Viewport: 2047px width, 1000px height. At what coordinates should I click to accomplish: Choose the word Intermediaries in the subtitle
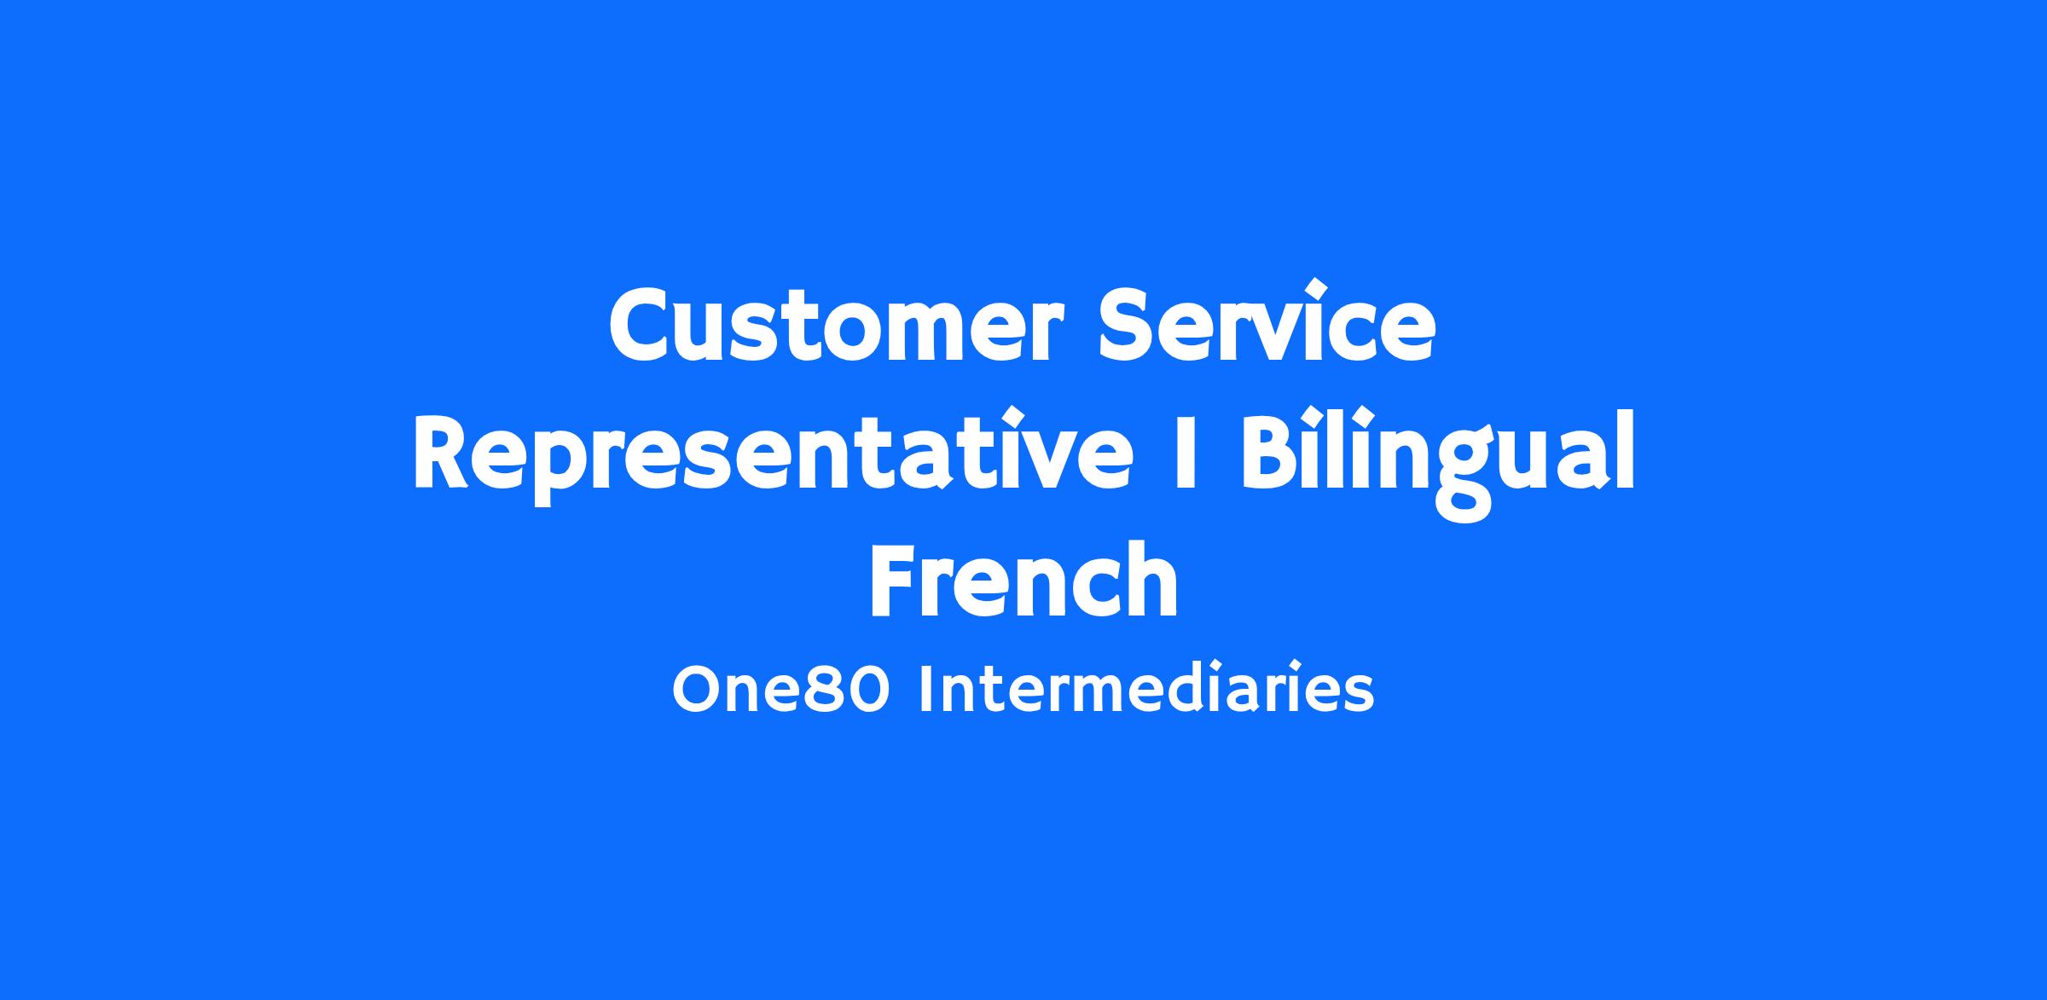pos(1146,688)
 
